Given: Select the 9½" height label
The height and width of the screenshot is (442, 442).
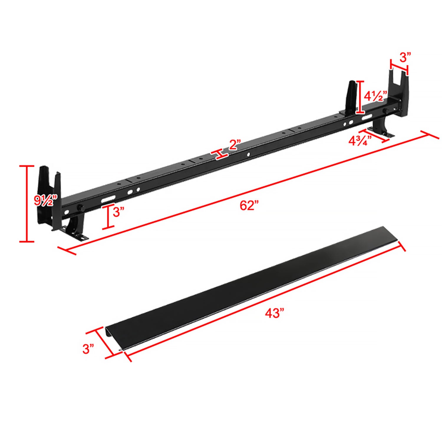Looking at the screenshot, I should (43, 201).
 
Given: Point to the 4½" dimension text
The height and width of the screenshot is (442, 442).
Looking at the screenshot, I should (374, 96).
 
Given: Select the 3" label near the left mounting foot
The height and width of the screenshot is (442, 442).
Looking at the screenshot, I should (118, 212).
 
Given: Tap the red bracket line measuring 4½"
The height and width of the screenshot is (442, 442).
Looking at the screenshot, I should (359, 97).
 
